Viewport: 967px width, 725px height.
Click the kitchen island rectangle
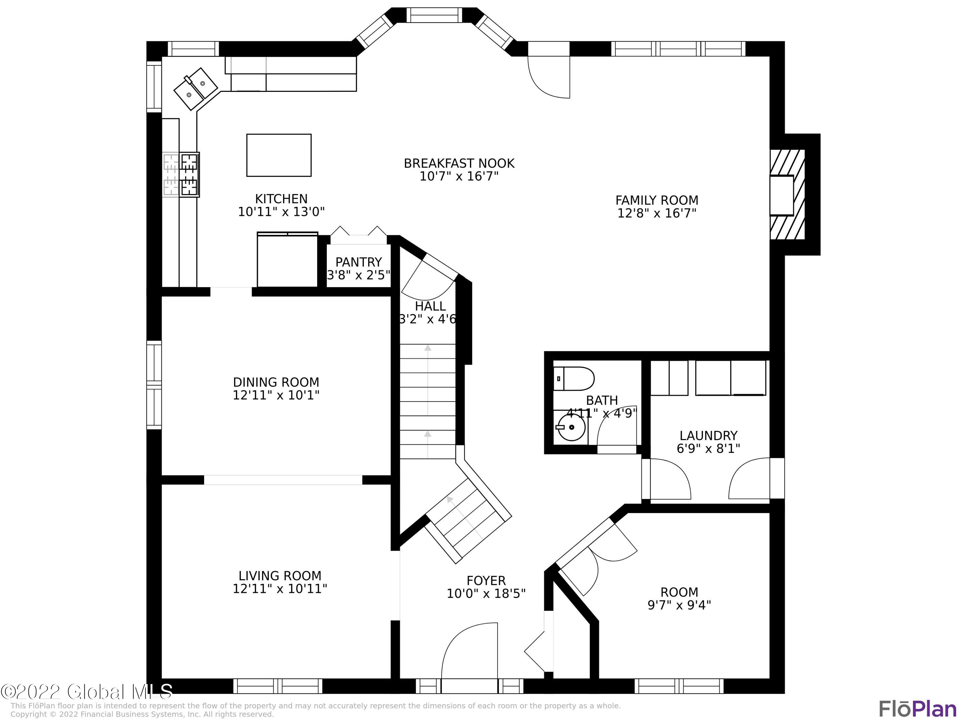(278, 155)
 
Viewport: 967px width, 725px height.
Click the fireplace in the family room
(787, 195)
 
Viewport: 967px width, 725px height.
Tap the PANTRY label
(358, 262)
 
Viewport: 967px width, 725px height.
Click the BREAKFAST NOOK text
(459, 163)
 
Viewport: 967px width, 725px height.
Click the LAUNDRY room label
(708, 436)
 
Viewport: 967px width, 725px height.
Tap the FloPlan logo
(918, 709)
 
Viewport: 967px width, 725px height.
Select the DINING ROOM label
(276, 382)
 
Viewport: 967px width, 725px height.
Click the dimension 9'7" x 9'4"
(679, 605)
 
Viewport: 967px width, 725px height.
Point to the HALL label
(430, 306)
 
